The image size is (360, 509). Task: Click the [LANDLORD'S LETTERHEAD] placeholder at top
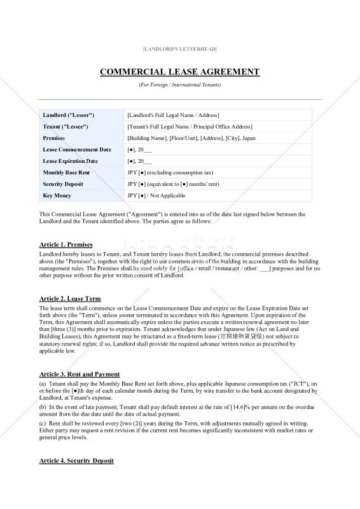click(x=179, y=49)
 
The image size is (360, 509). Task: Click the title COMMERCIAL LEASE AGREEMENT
click(x=179, y=72)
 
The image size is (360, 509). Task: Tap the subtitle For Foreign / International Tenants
click(x=179, y=85)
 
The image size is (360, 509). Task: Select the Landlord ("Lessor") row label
click(x=69, y=115)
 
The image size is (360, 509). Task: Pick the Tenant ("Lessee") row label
click(x=66, y=127)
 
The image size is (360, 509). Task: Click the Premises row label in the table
click(x=54, y=138)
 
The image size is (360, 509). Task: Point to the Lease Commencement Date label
click(x=77, y=150)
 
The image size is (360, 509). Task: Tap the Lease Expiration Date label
click(x=71, y=161)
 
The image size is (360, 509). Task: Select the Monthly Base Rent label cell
click(x=66, y=172)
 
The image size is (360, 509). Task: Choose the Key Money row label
click(x=57, y=195)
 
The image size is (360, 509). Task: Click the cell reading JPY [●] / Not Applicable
click(x=156, y=195)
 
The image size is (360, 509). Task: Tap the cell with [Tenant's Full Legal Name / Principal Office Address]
click(x=190, y=127)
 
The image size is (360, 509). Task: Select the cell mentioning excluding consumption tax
click(x=170, y=172)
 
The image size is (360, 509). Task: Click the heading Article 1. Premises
click(x=66, y=244)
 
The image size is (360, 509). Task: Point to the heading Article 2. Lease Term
click(x=70, y=298)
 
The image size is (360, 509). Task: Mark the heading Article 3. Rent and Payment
click(x=80, y=374)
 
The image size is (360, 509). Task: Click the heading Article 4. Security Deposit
click(x=76, y=460)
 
